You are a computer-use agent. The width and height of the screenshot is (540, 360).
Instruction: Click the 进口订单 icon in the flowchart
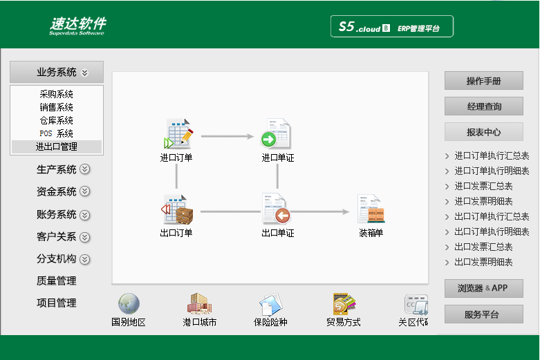point(178,133)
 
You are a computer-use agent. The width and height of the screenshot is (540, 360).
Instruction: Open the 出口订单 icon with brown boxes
point(178,209)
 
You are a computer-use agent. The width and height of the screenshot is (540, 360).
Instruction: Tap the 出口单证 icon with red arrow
point(276,209)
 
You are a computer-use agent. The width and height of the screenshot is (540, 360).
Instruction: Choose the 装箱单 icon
point(371,209)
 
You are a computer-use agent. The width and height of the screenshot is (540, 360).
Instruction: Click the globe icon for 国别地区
point(129,303)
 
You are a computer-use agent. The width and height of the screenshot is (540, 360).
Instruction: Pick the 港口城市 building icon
point(199,303)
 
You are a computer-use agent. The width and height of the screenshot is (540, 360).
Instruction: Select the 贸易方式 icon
point(344,303)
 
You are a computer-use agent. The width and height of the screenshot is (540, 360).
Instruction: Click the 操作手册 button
point(484,81)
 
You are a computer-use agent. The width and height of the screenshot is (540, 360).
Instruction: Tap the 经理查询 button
point(484,106)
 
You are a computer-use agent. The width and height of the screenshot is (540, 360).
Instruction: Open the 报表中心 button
point(484,132)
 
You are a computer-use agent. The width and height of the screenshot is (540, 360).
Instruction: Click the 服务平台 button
point(484,314)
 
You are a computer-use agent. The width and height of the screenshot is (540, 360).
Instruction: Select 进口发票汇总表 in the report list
point(483,186)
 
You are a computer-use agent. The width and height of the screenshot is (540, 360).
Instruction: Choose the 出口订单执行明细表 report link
point(492,231)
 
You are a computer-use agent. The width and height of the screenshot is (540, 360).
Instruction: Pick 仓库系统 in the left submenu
point(57,120)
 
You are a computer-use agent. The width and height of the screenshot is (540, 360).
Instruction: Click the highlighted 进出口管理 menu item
point(57,146)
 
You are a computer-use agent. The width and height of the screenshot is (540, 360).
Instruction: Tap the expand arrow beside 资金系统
point(85,191)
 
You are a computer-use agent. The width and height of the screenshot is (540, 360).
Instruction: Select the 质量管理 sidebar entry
point(57,281)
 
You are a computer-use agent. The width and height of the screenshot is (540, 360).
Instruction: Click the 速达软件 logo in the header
point(78,26)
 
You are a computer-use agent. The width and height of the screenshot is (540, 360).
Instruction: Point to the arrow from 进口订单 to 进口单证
point(227,136)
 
